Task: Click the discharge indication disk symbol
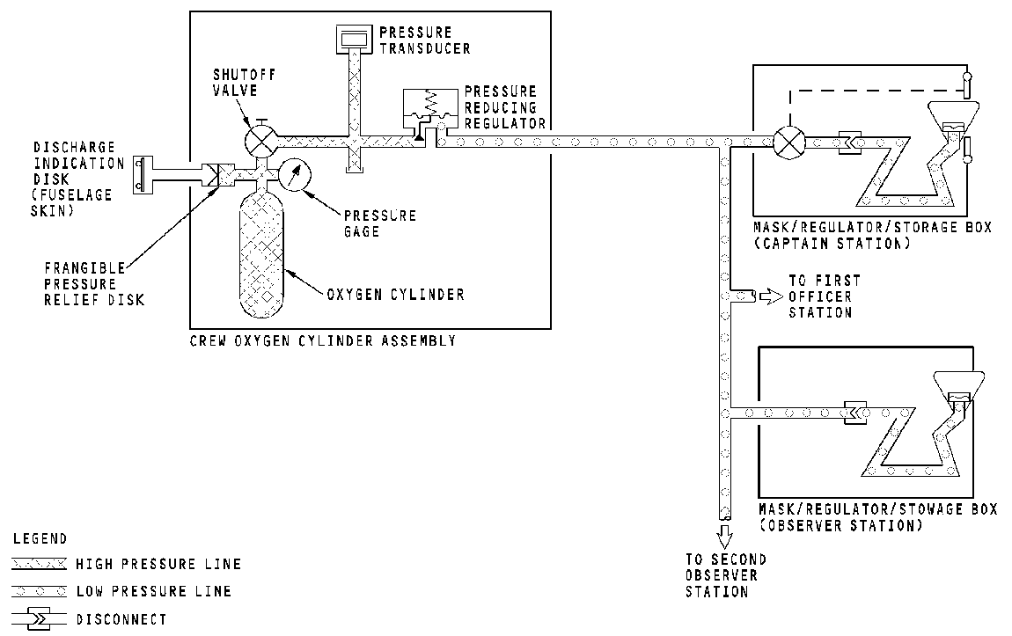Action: (142, 174)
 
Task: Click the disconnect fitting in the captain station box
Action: (852, 141)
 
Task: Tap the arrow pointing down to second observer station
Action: (724, 535)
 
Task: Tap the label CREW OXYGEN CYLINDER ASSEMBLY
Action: (322, 340)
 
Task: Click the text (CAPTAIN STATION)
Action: (833, 244)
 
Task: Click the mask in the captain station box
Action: (954, 115)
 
